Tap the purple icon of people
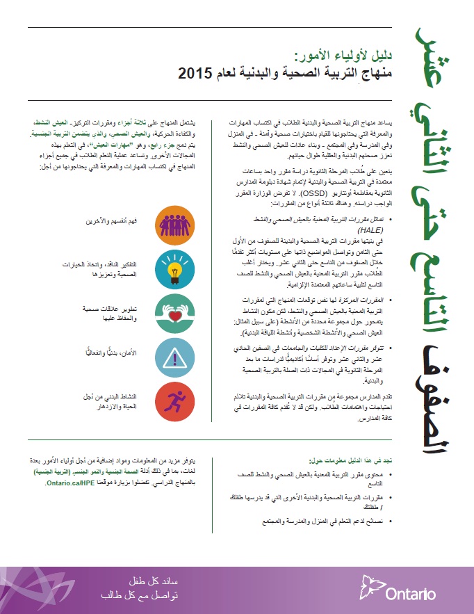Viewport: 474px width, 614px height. [166, 221]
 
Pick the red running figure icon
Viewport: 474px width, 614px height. [166, 401]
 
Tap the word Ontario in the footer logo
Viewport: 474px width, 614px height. [410, 594]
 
